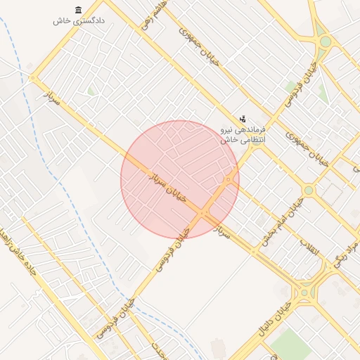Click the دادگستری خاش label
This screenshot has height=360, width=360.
[79, 21]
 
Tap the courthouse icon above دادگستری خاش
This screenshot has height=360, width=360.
[77, 9]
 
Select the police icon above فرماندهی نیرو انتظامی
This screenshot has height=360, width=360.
[243, 118]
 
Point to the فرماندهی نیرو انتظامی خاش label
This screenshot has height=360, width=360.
[236, 135]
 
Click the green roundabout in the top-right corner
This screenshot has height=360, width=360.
[325, 41]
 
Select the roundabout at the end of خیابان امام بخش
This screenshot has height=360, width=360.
[308, 191]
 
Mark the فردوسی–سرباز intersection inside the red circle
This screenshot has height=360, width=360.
[203, 212]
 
